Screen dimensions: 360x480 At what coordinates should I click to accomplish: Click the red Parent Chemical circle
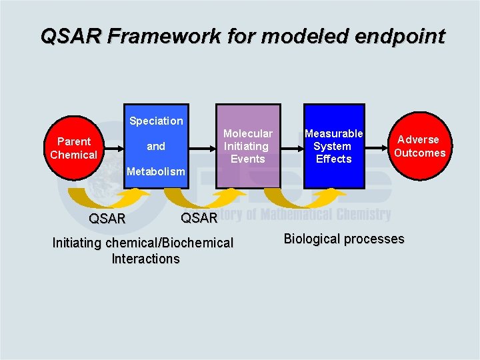[73, 148]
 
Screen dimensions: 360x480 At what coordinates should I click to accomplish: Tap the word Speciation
[156, 121]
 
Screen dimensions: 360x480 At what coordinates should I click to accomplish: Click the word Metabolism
[156, 171]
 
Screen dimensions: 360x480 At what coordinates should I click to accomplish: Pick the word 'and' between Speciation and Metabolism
[156, 146]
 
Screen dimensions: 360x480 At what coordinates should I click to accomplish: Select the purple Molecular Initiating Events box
[247, 146]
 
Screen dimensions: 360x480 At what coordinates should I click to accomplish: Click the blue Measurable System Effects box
[333, 146]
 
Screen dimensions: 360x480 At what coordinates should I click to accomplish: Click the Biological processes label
[344, 239]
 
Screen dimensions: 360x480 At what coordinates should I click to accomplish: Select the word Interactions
[145, 259]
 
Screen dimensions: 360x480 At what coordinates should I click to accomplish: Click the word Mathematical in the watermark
[287, 214]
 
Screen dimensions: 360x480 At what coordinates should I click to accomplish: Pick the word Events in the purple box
[248, 159]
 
